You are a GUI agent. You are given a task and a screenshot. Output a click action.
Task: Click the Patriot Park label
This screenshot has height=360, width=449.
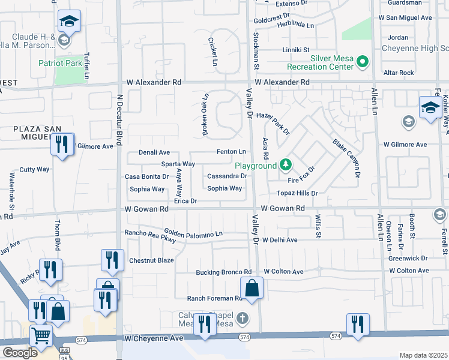point(60,62)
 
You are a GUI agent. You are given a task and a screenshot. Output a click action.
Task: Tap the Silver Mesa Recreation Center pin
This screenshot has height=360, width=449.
point(362,61)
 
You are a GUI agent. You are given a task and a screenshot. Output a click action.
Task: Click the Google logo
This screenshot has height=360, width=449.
point(20,353)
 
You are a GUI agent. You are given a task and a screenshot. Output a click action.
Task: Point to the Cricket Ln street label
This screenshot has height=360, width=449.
point(212,52)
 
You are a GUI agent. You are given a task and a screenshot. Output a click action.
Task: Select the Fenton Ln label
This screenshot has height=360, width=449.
point(232,152)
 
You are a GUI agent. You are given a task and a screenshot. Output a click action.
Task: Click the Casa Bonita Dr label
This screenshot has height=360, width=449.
point(142,176)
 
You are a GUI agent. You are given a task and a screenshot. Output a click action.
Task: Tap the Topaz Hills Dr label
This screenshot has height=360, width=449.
point(297,193)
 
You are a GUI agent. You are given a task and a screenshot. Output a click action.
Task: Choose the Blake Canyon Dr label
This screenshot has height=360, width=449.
point(345,158)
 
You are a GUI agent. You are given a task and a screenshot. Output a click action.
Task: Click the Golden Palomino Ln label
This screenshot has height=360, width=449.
point(193,233)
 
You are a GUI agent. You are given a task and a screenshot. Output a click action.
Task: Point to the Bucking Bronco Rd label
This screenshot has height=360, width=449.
point(223,272)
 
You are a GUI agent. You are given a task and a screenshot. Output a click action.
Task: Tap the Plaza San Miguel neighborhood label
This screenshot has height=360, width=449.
point(31,133)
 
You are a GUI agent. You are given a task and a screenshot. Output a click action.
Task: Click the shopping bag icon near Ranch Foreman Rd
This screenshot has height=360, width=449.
point(252,288)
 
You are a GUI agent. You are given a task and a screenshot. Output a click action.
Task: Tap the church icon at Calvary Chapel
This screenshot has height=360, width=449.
point(242,317)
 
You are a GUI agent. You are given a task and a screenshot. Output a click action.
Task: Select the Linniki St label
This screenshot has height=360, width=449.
point(297,50)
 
